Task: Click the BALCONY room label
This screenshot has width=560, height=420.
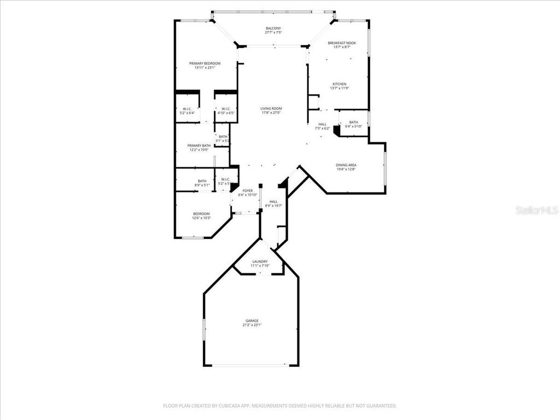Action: pos(273,28)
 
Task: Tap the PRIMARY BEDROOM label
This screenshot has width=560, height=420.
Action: pos(205,63)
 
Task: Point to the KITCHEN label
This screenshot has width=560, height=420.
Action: pos(339,84)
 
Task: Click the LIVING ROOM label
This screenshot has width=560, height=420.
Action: pos(271,108)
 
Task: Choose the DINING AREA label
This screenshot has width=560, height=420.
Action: pos(346,165)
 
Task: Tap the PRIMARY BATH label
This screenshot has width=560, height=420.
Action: pos(200,145)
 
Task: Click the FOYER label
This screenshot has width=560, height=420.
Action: pos(248,190)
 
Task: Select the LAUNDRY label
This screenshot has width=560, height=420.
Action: pos(259,262)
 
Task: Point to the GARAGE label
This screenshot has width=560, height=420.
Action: pos(252,320)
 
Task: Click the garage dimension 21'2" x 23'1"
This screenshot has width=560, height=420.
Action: pos(252,325)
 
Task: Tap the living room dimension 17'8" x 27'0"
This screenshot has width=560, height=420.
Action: pos(271,113)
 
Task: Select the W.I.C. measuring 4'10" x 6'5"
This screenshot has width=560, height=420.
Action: pos(225,110)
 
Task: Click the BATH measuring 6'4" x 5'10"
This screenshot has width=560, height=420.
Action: pos(353,124)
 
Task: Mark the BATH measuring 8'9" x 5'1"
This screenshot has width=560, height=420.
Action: pos(202,183)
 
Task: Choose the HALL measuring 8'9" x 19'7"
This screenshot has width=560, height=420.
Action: pos(273,203)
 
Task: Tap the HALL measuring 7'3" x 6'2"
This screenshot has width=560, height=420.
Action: pos(323,126)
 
